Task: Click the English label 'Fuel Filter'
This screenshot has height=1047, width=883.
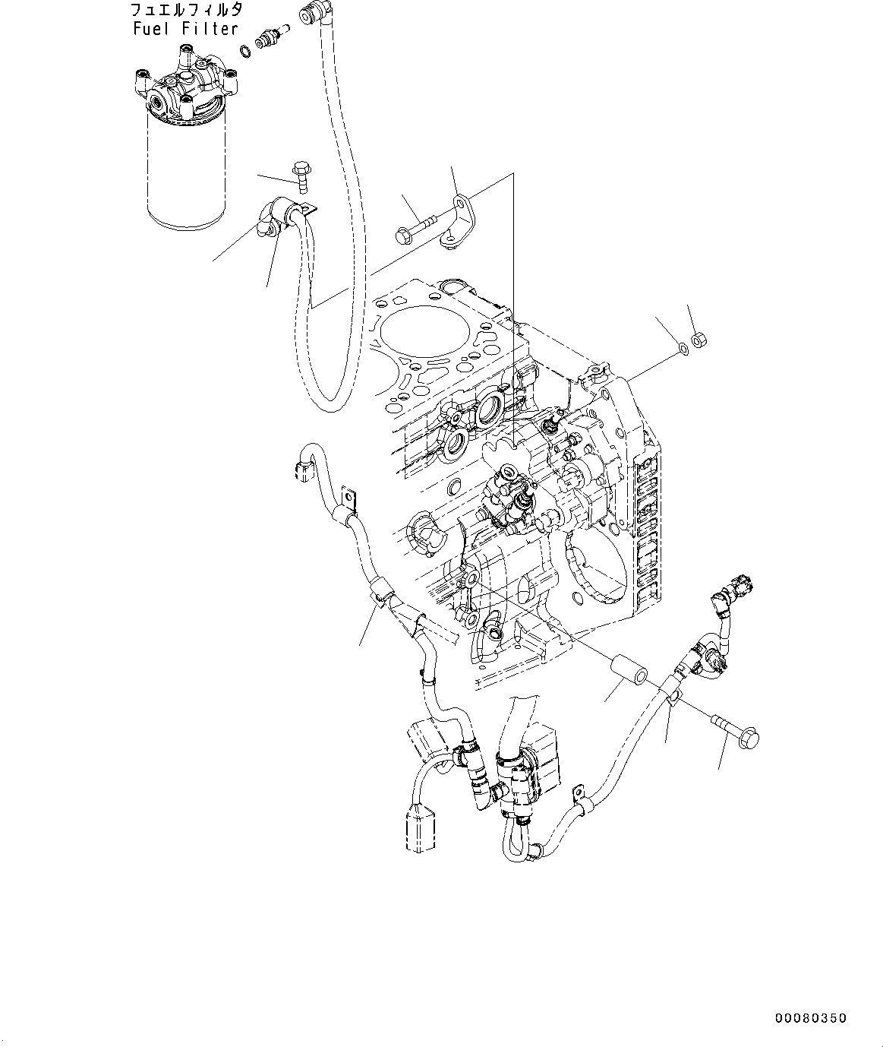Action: tap(185, 29)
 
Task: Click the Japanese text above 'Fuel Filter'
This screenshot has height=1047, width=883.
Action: tap(185, 11)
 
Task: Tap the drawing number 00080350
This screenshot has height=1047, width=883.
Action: tap(810, 1018)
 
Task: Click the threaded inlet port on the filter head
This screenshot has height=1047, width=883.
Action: tap(160, 102)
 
